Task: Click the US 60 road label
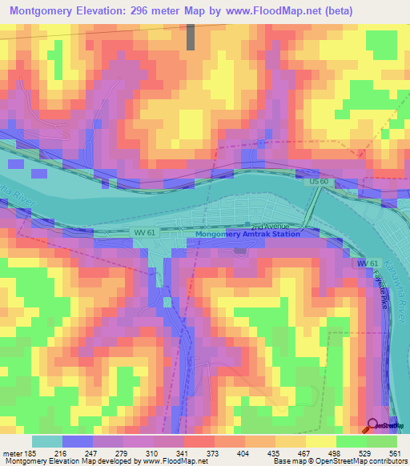(x=319, y=183)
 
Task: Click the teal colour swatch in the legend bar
(x=46, y=441)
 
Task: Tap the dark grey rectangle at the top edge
(x=191, y=37)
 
